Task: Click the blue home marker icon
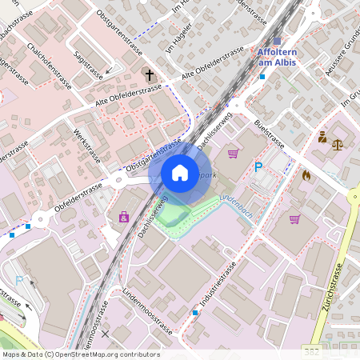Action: point(180,173)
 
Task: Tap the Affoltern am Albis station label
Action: point(278,57)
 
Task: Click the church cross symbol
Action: point(149,75)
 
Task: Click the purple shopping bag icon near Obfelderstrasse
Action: point(124,216)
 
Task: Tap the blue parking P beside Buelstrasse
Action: point(258,166)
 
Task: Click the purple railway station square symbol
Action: point(277,41)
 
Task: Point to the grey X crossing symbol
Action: point(104,334)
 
